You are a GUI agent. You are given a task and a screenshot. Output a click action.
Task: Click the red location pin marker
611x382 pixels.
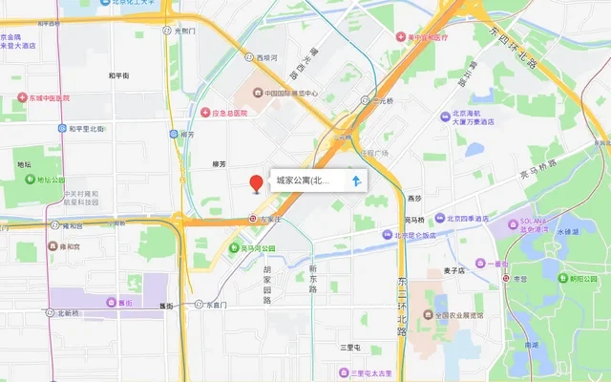[x=256, y=183]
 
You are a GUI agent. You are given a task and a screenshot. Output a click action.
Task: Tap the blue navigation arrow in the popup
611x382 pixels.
[x=356, y=180]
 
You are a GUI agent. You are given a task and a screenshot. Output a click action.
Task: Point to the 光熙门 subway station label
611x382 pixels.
[x=184, y=32]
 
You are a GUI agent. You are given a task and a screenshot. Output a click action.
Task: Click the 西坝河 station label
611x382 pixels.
[x=266, y=57]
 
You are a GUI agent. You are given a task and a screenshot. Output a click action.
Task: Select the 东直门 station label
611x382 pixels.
[x=216, y=305]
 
